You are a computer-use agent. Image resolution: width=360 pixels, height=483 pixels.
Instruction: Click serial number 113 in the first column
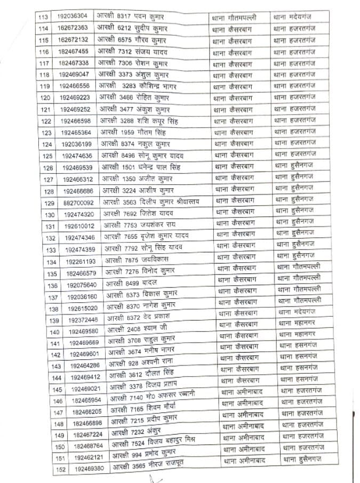tap(44, 17)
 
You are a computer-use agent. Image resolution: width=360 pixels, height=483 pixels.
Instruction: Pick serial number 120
tap(46, 98)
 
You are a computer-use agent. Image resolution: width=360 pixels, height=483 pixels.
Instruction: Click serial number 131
tap(50, 227)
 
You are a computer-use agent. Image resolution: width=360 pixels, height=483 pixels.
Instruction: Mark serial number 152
tap(60, 469)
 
